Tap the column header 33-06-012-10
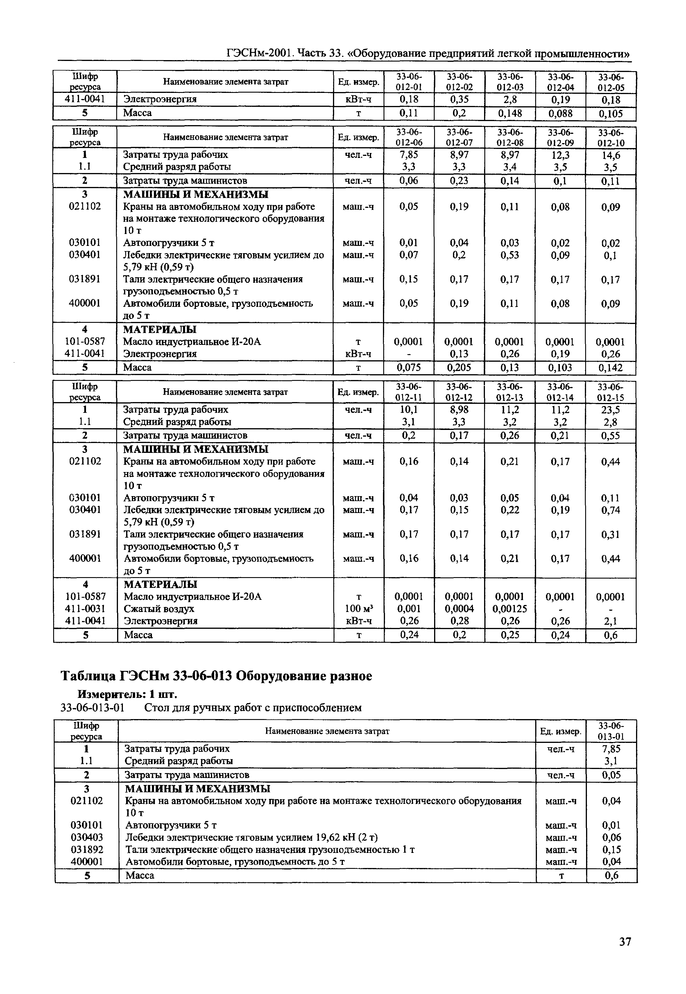pos(611,137)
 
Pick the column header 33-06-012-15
pos(611,392)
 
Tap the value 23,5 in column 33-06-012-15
pos(611,410)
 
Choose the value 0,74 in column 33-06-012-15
pos(611,510)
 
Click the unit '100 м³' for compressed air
pos(359,608)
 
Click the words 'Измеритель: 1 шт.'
pos(127,694)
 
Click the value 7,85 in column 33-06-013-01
pos(611,749)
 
